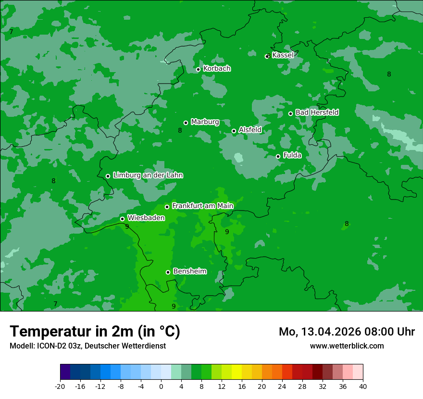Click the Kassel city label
(x=283, y=55)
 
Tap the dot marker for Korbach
(x=198, y=69)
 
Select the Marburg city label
(x=205, y=122)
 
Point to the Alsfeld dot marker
(x=234, y=131)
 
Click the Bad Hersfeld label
(x=317, y=112)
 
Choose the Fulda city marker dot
(x=278, y=156)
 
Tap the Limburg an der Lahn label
(x=148, y=175)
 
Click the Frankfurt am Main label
(x=202, y=206)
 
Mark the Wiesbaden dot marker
(x=122, y=219)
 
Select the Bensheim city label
(x=189, y=271)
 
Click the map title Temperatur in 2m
(x=95, y=332)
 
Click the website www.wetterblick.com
(x=347, y=346)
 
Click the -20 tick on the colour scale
(x=60, y=386)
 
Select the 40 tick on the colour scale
(x=363, y=386)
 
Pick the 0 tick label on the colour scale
(x=161, y=386)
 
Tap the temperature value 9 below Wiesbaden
(x=127, y=226)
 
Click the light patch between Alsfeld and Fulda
(x=238, y=157)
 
